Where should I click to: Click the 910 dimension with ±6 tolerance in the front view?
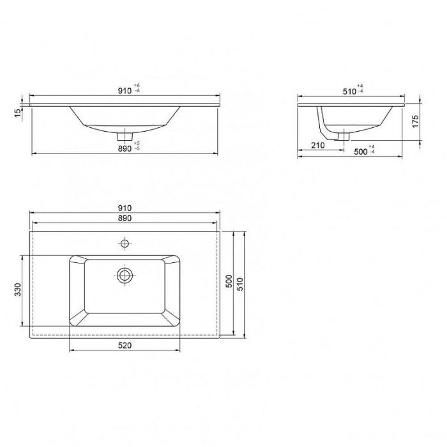[x=128, y=90]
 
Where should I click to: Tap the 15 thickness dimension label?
[x=18, y=113]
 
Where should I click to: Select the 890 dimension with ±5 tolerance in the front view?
[x=128, y=147]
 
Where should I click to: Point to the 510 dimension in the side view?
[x=352, y=90]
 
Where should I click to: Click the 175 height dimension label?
[x=415, y=122]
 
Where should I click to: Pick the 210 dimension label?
[x=318, y=146]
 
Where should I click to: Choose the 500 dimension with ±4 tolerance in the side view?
[x=364, y=150]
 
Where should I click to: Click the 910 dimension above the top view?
[x=125, y=208]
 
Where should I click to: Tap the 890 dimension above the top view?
[x=125, y=218]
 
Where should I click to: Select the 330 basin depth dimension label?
[x=18, y=290]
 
